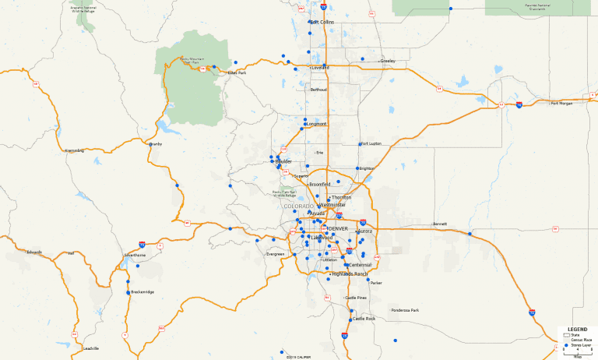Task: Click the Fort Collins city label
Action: coord(322,22)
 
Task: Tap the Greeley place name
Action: coord(388,61)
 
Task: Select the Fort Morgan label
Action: coord(561,103)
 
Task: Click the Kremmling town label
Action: coord(74,150)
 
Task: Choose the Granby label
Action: coord(156,144)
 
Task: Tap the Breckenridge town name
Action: coord(142,292)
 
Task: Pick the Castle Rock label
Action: coord(364,319)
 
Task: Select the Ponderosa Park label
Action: coord(405,311)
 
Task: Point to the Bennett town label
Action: coord(441,224)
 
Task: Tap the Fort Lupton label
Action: coord(371,143)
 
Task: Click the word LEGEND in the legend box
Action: coord(577,330)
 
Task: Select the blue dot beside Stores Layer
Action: coord(567,344)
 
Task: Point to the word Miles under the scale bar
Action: coord(577,357)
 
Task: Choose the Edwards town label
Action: coord(34,252)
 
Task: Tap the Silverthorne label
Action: coord(135,255)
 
